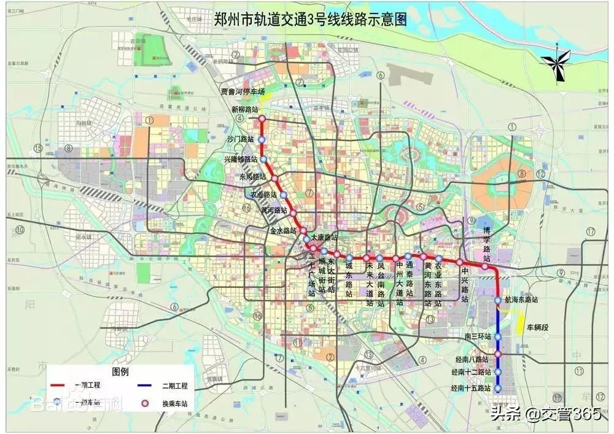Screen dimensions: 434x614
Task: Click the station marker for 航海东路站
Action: point(498,300)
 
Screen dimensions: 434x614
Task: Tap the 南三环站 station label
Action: point(478,336)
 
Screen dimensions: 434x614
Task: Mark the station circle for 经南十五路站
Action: point(498,389)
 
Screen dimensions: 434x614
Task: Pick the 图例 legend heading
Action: point(120,372)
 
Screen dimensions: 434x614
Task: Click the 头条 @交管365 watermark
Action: point(545,414)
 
